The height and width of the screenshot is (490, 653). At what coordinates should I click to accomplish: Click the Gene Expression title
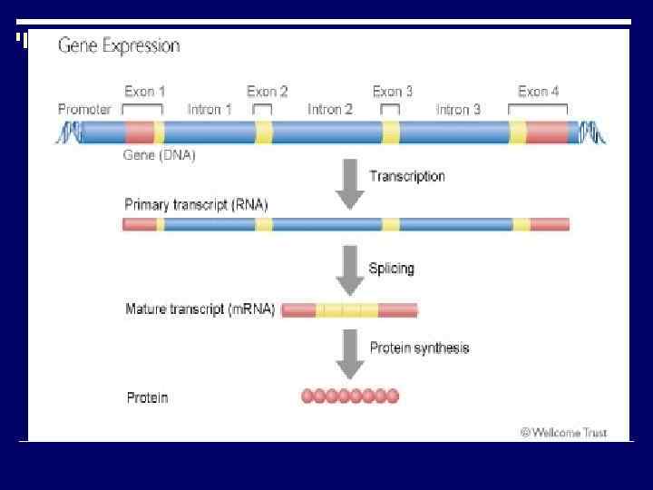pos(119,46)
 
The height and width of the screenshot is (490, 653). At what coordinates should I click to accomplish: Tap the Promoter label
pos(84,110)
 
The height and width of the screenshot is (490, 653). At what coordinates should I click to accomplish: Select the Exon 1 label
pos(145,92)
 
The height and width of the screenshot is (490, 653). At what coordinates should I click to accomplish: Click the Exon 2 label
pos(268,92)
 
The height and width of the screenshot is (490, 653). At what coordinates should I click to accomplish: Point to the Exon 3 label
pos(393,92)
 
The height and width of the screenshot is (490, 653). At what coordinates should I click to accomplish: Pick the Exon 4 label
pos(538,92)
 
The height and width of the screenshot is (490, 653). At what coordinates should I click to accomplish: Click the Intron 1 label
pos(210,110)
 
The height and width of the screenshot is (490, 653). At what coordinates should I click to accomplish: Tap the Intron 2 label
pos(330,110)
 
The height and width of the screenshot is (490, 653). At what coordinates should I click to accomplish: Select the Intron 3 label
pos(458,110)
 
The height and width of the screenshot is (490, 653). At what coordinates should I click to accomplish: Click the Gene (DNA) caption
pos(159,155)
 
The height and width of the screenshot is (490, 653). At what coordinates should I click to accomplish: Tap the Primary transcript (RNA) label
pos(196,204)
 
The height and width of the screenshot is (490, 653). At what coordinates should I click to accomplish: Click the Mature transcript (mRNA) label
pos(200,309)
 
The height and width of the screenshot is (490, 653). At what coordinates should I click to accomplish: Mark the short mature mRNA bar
pos(349,310)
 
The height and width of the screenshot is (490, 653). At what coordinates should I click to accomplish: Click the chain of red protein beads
pos(350,397)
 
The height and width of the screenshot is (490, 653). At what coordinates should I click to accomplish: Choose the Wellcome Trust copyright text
pos(563,433)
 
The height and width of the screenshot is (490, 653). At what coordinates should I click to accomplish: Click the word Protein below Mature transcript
pos(147,397)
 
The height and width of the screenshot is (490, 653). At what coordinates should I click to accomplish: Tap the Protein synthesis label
pos(419,348)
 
